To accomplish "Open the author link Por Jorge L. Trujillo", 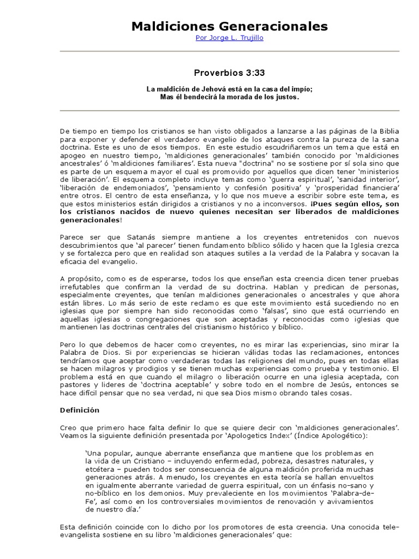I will [229, 39].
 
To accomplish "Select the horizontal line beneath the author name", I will [229, 51].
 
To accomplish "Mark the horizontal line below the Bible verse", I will [229, 111].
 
